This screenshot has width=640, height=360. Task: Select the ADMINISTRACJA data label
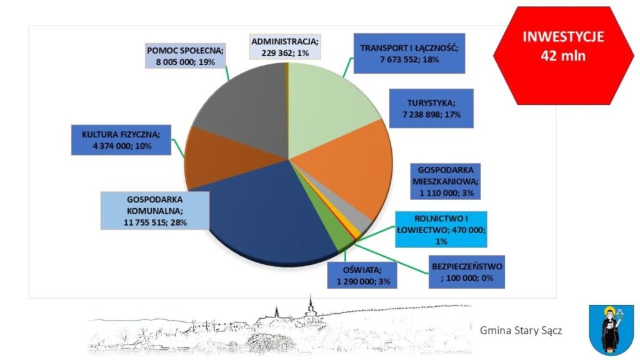pyautogui.click(x=285, y=47)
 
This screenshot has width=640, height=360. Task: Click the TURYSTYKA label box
pyautogui.click(x=431, y=108)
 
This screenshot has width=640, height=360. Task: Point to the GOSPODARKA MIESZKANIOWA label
pyautogui.click(x=444, y=181)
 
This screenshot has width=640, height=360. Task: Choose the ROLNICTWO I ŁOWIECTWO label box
pyautogui.click(x=441, y=230)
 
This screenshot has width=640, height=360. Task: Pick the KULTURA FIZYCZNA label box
pyautogui.click(x=121, y=140)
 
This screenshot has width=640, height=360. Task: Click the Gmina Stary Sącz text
pyautogui.click(x=521, y=329)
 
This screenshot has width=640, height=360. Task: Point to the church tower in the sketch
pyautogui.click(x=309, y=307)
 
